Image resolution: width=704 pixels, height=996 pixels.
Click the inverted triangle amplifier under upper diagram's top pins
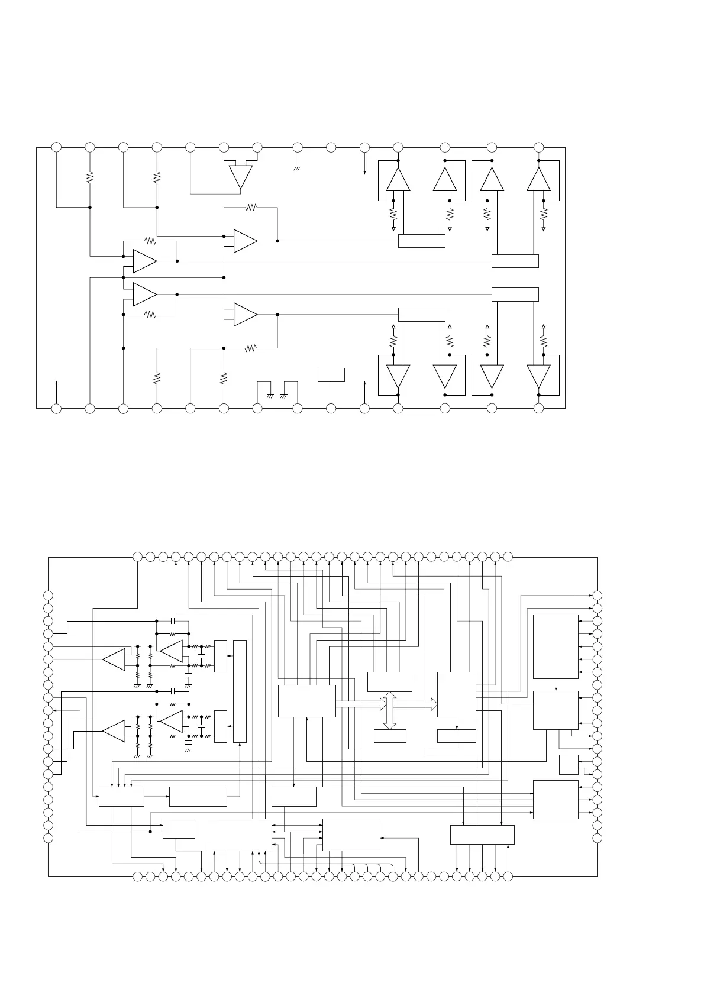241,176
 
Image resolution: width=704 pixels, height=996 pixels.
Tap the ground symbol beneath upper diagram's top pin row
298,169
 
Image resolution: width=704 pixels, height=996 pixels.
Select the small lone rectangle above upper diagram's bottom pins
331,375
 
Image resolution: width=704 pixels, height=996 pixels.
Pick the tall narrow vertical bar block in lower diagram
240,691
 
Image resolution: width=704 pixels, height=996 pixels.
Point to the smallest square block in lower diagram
569,765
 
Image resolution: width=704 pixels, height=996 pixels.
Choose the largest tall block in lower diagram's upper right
556,646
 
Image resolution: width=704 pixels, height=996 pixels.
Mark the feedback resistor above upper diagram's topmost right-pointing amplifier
251,208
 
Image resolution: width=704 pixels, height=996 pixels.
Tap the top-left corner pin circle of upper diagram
56,147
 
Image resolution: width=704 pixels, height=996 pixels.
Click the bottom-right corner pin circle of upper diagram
538,408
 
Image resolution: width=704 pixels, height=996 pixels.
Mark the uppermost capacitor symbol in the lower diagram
172,621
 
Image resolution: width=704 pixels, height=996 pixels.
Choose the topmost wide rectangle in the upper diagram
421,241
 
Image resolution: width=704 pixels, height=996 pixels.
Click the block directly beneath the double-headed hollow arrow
390,736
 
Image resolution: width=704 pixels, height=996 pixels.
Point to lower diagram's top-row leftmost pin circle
137,557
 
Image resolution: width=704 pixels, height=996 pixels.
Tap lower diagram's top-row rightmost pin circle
508,557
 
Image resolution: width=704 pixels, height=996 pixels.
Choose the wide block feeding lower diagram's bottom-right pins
482,835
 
